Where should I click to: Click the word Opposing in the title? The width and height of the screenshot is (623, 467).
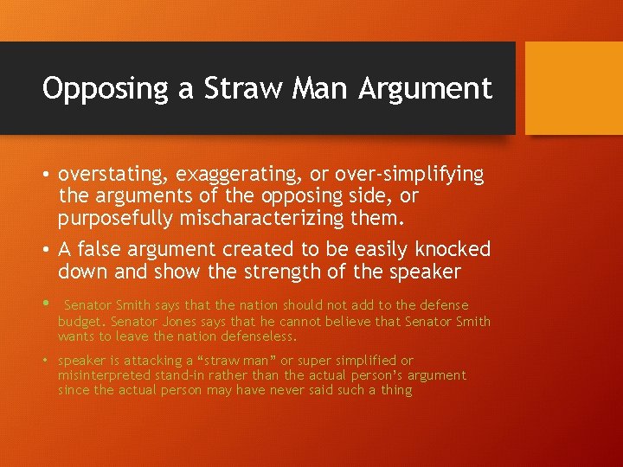(x=95, y=88)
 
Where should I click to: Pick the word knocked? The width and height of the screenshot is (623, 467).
(x=453, y=250)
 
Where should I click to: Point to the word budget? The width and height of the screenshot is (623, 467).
(x=79, y=322)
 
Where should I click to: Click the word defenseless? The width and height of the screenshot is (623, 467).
(x=251, y=336)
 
